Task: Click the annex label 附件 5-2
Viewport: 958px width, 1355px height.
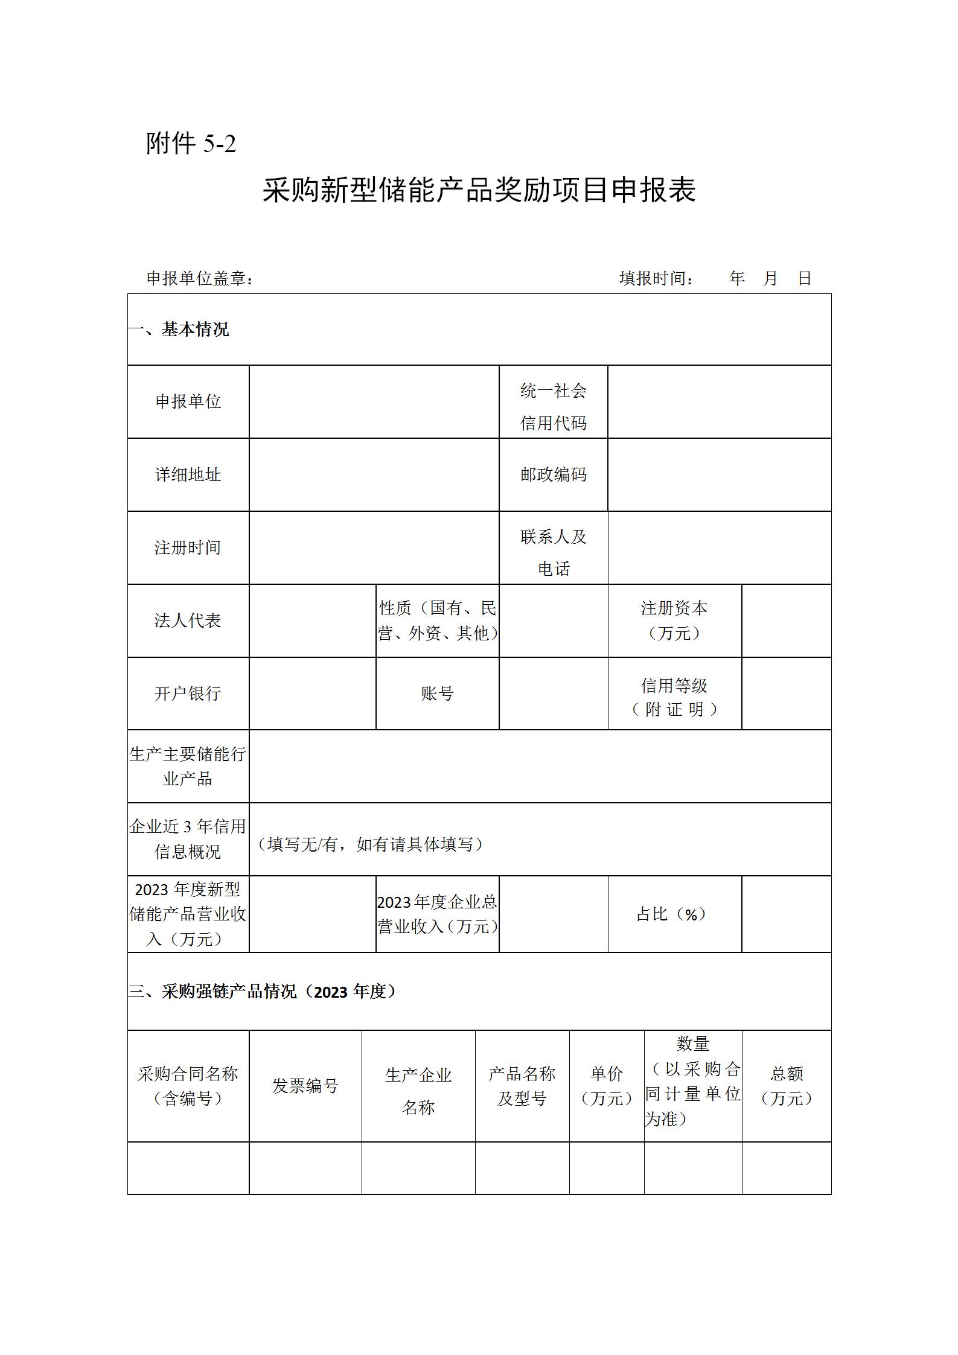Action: coord(191,144)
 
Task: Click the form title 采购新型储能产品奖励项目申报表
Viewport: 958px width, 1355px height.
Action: coord(479,190)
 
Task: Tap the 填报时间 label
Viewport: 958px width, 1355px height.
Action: coord(656,278)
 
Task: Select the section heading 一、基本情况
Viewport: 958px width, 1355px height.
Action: coord(179,330)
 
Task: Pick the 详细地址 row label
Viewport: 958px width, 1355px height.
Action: coord(188,475)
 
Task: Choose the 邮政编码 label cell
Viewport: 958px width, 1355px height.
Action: coord(553,475)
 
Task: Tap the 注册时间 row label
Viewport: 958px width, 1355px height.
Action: coord(188,547)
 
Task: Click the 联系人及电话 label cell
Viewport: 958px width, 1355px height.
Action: coord(553,552)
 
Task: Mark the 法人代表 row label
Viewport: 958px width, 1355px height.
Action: coord(188,620)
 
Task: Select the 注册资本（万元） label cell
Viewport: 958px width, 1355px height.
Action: coord(674,620)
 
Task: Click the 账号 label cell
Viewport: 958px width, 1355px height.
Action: coord(437,693)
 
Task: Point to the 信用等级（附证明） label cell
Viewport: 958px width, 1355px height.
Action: coord(674,697)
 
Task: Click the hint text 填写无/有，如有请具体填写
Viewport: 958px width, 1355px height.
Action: coord(371,844)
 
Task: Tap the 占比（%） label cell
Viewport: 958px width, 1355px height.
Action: coord(672,914)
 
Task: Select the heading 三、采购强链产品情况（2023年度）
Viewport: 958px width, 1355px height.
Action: coord(263,992)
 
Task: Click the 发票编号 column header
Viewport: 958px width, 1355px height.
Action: coord(305,1086)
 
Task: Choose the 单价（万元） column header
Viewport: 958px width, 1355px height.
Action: coord(606,1086)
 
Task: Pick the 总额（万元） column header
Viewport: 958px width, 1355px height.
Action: coord(786,1086)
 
